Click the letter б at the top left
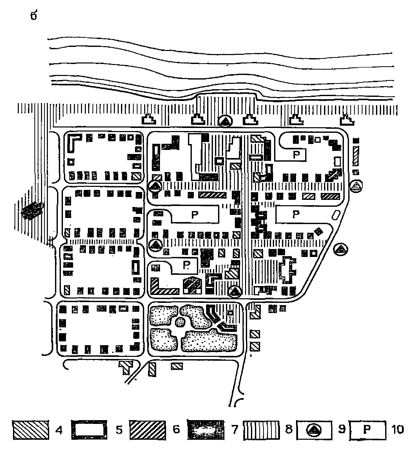click(x=34, y=16)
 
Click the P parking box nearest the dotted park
click(x=185, y=265)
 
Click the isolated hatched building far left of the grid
click(x=32, y=210)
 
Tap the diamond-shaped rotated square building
click(x=318, y=231)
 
